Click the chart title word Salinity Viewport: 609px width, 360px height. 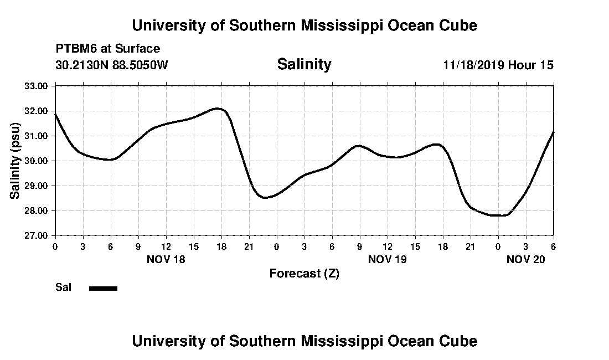(304, 64)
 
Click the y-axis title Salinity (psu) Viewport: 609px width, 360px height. (15, 160)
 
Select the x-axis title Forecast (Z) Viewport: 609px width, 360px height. (304, 273)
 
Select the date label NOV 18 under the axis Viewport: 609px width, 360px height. (166, 259)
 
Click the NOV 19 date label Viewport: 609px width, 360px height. (387, 259)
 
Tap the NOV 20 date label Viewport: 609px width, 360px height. (526, 259)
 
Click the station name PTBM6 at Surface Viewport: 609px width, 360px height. (107, 49)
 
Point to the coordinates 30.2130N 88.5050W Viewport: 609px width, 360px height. (111, 65)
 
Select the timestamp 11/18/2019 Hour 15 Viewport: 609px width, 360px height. (498, 65)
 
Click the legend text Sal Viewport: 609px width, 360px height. (63, 287)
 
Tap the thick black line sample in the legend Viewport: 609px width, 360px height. (103, 288)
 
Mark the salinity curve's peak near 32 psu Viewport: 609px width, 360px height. (217, 109)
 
